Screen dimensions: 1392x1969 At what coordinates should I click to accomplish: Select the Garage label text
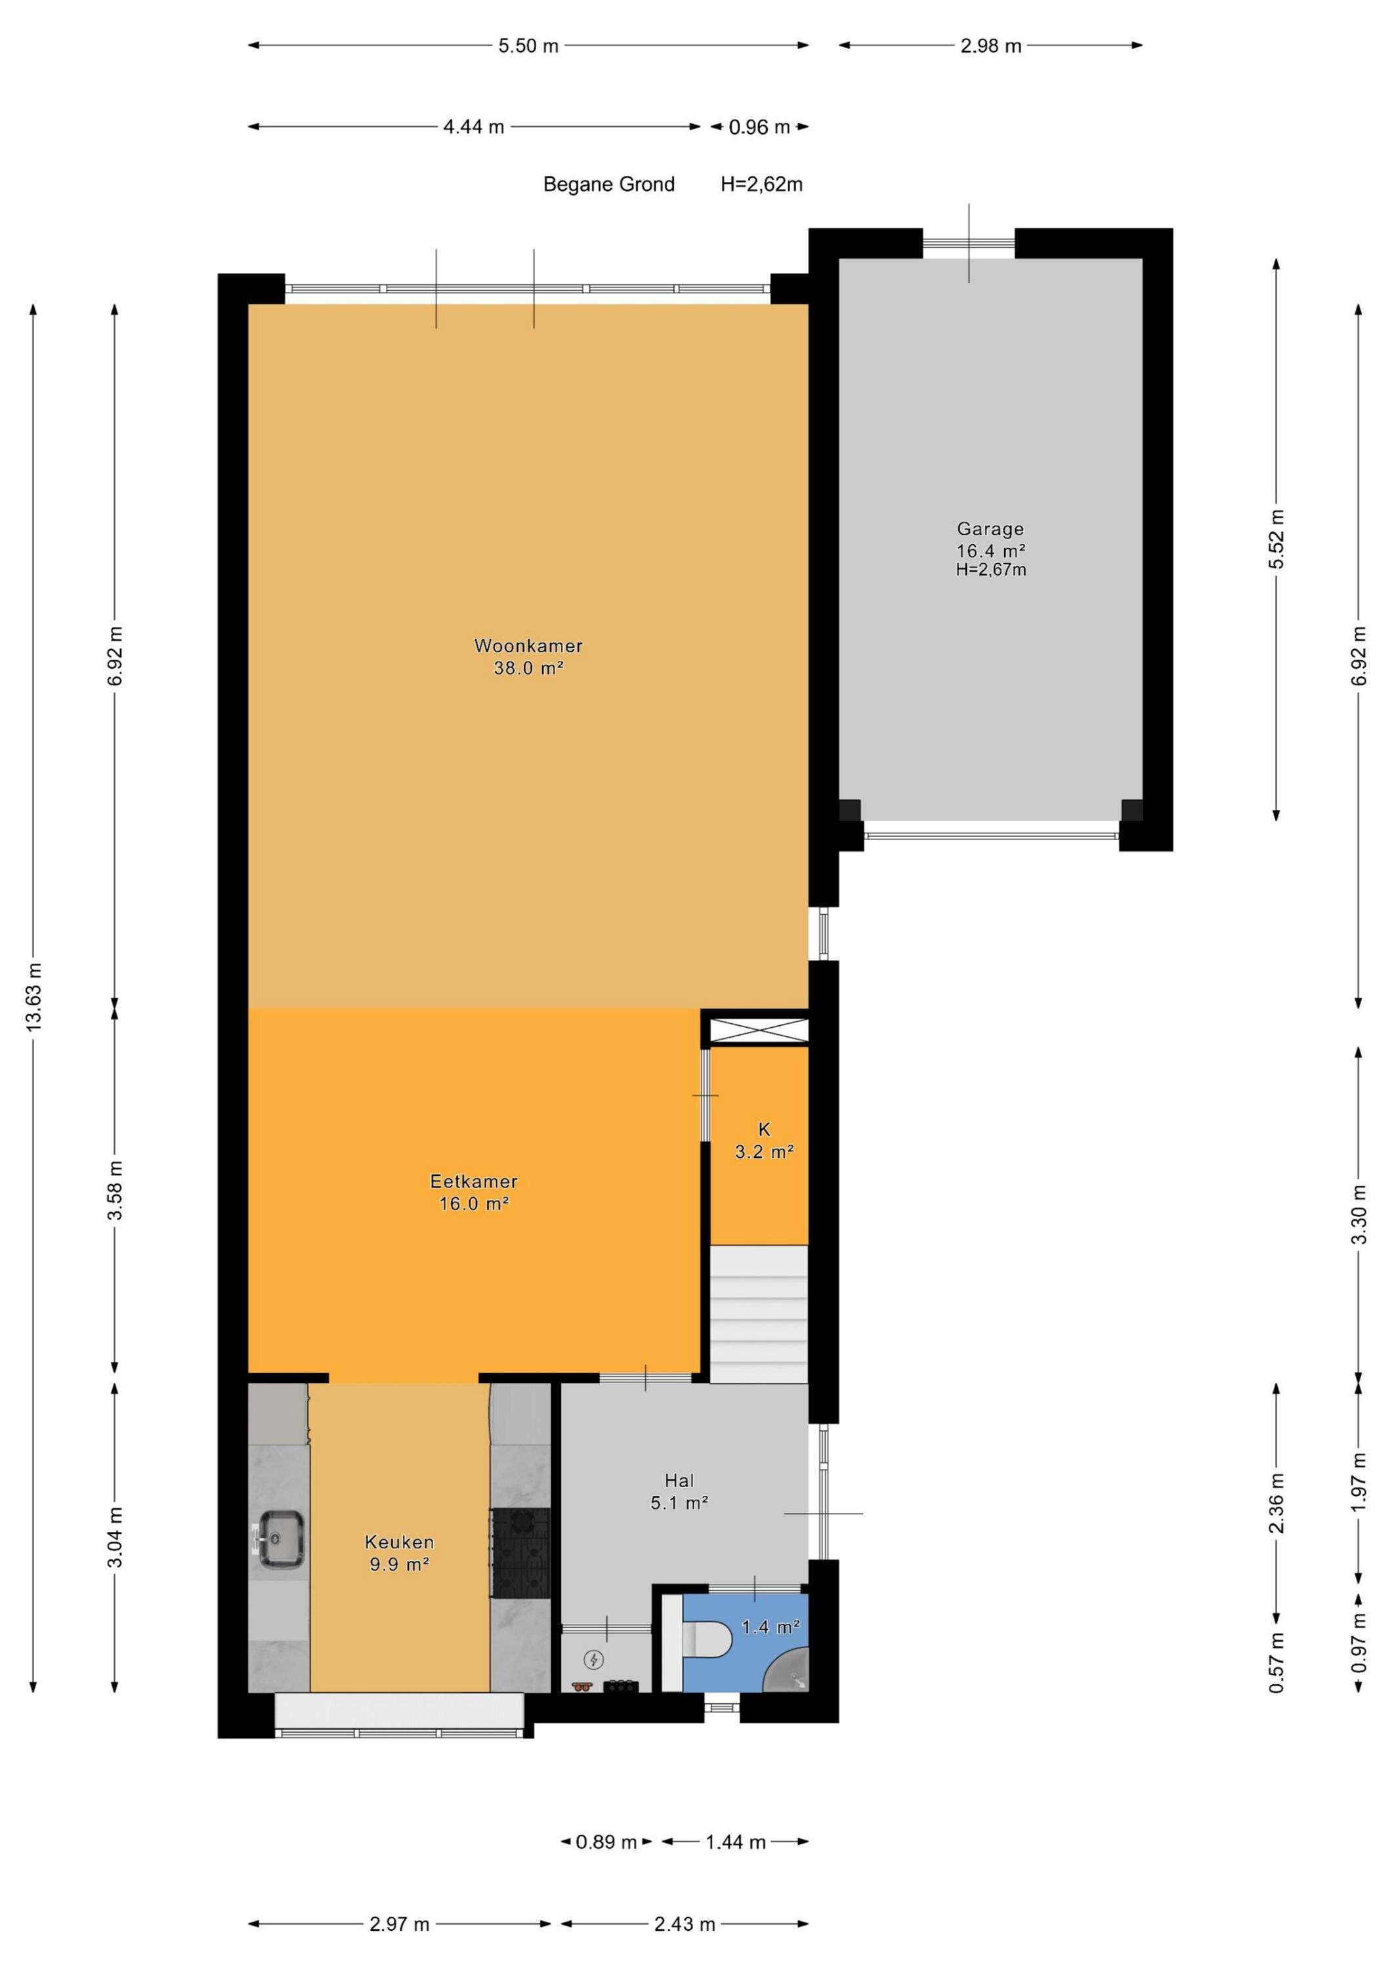(x=990, y=529)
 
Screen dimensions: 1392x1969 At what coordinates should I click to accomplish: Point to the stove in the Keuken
(x=520, y=1552)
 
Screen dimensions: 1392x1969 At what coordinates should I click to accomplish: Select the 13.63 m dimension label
(x=34, y=998)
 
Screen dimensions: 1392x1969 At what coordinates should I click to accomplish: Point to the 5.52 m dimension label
(x=1277, y=539)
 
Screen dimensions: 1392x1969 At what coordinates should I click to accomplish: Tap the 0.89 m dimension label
(x=606, y=1842)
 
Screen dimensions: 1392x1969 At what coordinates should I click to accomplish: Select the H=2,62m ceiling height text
(x=761, y=184)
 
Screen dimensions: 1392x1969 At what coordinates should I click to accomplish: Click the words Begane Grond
(x=609, y=184)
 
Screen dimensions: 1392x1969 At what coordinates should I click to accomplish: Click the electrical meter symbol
(x=593, y=1661)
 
